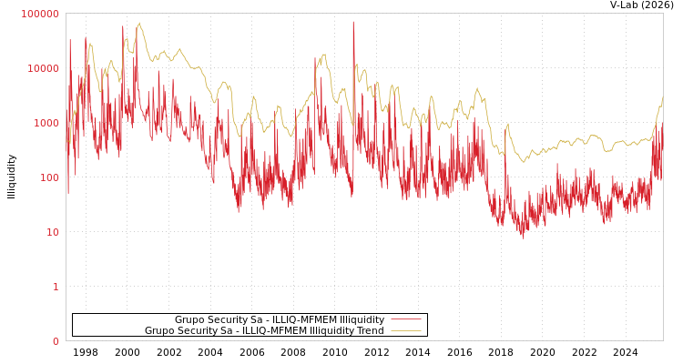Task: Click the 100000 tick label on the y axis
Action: click(40, 14)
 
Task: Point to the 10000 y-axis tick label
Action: click(43, 68)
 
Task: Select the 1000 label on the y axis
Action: click(46, 123)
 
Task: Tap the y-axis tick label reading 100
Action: click(48, 177)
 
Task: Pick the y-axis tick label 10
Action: click(52, 232)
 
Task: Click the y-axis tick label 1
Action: click(55, 287)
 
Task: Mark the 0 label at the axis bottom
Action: click(55, 341)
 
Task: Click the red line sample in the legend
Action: click(405, 319)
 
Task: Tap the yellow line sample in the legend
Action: click(405, 331)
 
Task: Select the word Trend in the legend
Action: click(370, 331)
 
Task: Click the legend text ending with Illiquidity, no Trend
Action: click(279, 319)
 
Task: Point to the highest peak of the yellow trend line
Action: click(139, 24)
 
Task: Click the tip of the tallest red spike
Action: click(353, 21)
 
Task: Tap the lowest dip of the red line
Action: click(523, 238)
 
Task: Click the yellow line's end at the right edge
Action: click(662, 97)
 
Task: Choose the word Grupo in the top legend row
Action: click(189, 319)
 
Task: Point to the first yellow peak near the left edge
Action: click(90, 43)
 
